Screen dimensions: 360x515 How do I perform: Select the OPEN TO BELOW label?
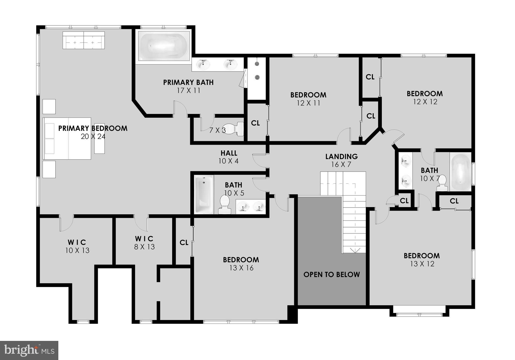coord(331,274)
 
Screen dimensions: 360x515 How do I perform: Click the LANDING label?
coord(341,156)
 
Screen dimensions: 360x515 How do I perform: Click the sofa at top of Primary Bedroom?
coord(83,40)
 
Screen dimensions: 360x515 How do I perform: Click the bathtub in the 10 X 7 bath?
coord(460,172)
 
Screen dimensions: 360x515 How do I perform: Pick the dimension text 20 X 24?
coord(93,137)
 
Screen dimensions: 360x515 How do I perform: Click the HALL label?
coord(229,153)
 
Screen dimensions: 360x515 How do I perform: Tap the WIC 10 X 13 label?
coord(77,243)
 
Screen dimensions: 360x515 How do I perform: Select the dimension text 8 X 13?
coord(144,247)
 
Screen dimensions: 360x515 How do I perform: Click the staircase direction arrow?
coord(355,250)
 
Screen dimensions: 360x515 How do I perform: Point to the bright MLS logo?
coord(29,350)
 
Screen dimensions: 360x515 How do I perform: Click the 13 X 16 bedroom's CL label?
coord(184,243)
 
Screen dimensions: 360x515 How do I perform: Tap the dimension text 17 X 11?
coord(188,91)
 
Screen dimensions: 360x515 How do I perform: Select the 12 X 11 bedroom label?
coord(308,95)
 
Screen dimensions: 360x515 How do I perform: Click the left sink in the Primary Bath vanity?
coord(203,65)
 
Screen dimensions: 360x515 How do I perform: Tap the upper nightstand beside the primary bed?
coord(49,106)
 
